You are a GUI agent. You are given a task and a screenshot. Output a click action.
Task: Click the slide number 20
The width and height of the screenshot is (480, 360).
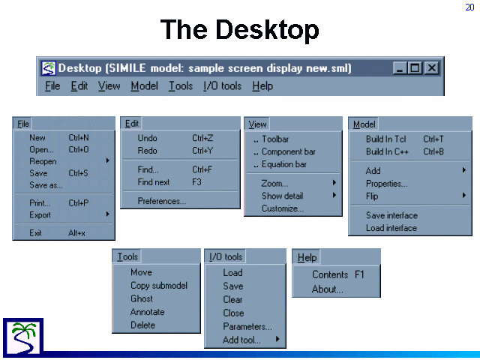469,7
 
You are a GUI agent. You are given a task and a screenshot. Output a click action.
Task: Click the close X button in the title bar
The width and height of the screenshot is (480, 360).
432,68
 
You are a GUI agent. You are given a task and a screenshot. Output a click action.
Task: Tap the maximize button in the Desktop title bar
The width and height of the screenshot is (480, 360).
415,68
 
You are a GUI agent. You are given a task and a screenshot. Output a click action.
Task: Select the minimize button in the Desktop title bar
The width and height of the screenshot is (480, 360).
400,68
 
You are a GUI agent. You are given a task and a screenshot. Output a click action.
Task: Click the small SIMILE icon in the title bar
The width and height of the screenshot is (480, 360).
48,68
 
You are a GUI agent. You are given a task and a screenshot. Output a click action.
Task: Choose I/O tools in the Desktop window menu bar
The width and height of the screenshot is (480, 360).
223,86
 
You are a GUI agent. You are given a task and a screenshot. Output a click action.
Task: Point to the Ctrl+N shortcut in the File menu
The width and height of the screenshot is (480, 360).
79,138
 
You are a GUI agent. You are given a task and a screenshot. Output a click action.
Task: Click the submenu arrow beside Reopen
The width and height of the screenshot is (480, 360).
107,160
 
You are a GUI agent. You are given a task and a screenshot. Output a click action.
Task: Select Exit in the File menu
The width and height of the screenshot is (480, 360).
35,233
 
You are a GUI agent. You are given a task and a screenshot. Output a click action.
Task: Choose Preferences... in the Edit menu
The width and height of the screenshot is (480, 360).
162,201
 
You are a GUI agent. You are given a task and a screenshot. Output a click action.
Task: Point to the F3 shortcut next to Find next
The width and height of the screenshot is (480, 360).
196,182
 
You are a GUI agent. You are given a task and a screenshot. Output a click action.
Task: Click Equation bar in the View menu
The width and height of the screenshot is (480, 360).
284,164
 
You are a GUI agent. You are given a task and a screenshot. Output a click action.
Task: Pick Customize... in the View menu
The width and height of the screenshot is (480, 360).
283,208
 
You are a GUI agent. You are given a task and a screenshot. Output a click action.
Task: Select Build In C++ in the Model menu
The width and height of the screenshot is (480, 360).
387,151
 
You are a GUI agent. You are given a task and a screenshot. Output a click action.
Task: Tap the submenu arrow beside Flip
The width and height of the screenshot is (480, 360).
464,195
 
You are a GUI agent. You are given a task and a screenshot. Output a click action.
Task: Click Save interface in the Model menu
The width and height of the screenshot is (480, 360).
391,215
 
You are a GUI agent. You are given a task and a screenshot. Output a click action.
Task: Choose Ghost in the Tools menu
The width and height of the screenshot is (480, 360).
142,298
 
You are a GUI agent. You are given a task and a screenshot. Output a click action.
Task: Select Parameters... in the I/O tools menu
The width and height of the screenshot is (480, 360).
247,327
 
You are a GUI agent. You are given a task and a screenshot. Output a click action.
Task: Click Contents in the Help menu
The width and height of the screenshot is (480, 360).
330,274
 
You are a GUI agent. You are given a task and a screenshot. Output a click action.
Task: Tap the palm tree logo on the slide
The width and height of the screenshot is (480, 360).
23,338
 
